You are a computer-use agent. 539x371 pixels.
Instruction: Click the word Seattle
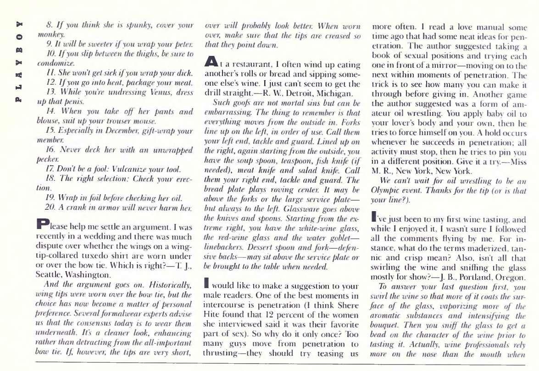pos(48,275)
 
